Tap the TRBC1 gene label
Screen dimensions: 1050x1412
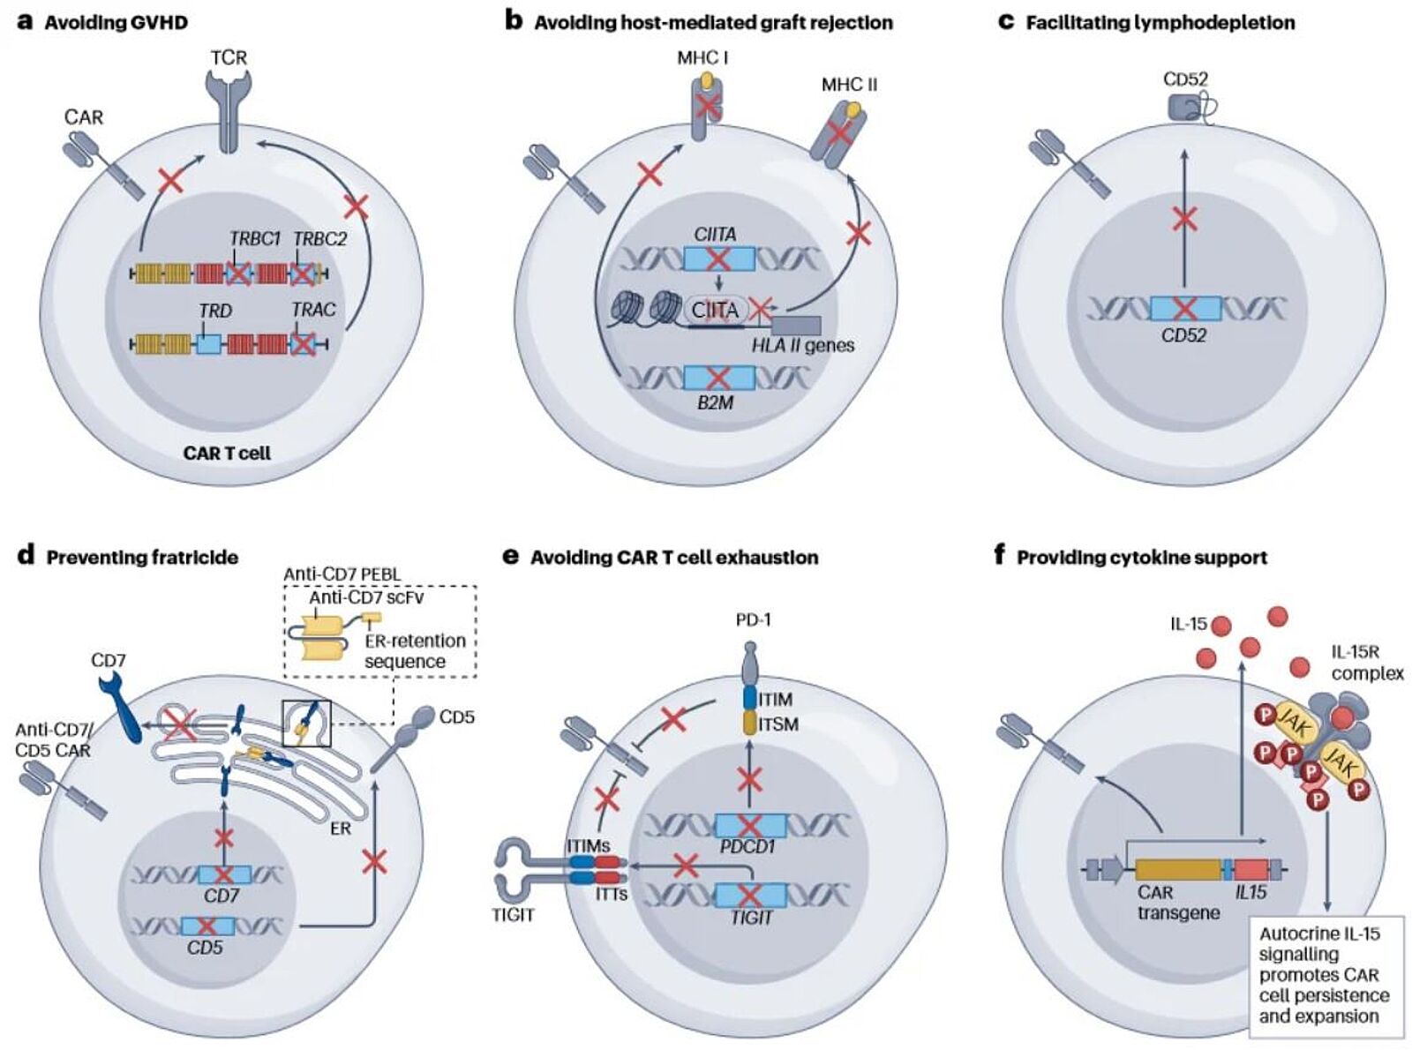point(254,239)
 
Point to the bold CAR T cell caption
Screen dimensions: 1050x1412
point(227,453)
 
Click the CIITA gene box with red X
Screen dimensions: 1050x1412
point(719,259)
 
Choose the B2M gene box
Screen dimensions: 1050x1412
point(719,378)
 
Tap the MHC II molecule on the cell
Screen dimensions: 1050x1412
point(837,132)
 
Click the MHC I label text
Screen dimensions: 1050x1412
point(702,58)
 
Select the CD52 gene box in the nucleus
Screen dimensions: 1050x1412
point(1185,308)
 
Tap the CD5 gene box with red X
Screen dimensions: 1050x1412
point(207,926)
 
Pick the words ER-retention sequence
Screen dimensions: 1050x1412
point(415,651)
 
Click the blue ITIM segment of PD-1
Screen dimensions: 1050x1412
point(751,699)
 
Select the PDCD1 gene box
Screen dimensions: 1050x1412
point(749,826)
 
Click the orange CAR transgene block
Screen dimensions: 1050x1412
point(1177,869)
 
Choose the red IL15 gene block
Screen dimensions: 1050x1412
point(1251,869)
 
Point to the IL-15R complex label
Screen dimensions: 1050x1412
point(1367,663)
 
